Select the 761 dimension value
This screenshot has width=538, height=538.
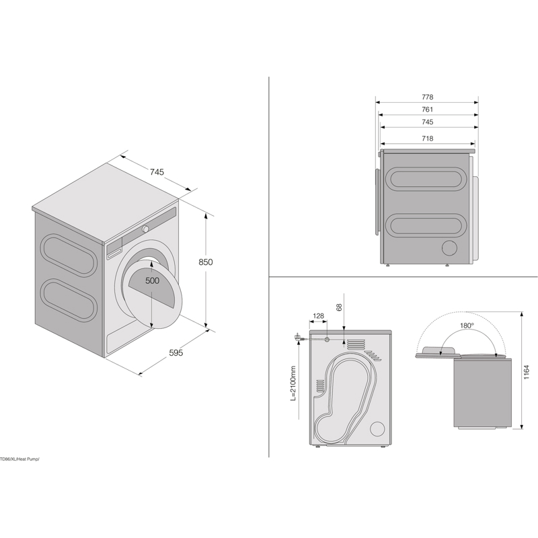[427, 110]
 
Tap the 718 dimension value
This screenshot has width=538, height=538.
[427, 139]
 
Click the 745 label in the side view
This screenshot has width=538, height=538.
[427, 122]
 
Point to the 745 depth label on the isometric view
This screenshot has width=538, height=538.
[157, 172]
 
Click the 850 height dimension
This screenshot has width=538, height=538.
[205, 262]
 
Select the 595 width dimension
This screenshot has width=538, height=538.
[176, 352]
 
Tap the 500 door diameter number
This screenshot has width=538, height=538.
[153, 281]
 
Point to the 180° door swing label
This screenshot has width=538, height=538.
[467, 325]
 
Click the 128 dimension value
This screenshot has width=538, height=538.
[319, 316]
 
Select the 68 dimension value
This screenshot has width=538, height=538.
[338, 307]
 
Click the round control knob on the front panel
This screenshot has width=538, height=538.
[145, 229]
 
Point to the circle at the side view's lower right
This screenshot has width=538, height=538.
[449, 248]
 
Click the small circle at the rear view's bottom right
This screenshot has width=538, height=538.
[377, 428]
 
